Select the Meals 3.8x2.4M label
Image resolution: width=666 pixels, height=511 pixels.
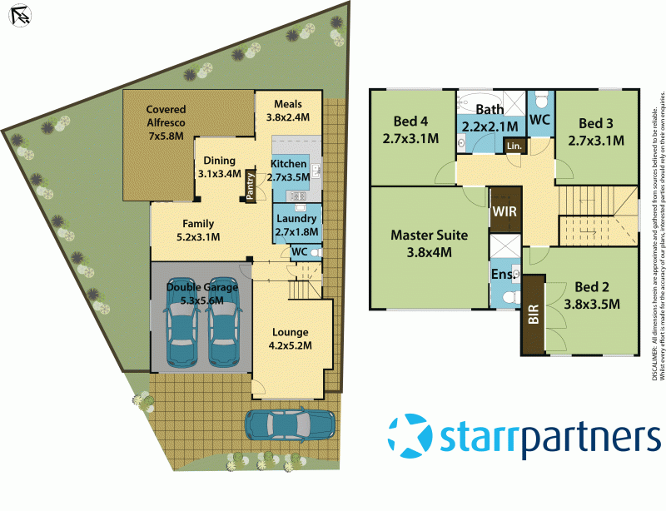point(287,111)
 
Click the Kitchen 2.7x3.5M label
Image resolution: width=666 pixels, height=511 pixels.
point(288,170)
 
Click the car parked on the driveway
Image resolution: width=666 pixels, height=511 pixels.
point(290,425)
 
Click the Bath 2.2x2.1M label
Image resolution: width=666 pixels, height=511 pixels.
point(490,118)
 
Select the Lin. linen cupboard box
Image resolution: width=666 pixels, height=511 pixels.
point(514,146)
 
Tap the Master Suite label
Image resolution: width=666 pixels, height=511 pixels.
point(429,243)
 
